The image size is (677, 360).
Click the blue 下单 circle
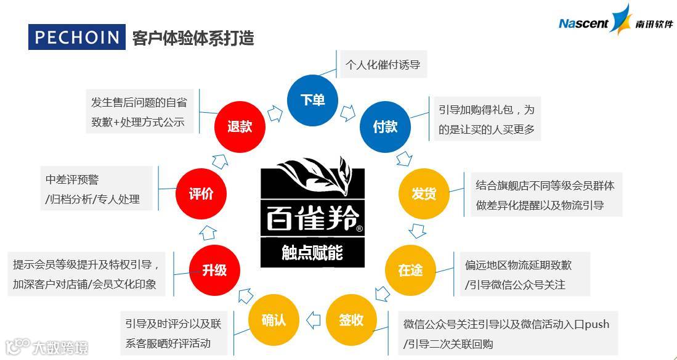[312, 100]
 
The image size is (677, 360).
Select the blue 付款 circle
[385, 127]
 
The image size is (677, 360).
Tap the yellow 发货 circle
[423, 194]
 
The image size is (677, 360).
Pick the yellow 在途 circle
[410, 270]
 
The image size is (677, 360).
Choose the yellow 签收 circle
[351, 320]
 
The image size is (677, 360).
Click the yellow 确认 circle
[274, 320]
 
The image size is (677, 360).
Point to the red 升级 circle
[214, 270]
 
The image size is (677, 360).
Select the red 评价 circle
[201, 194]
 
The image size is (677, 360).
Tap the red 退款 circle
[240, 127]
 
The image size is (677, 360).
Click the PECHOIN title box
[77, 38]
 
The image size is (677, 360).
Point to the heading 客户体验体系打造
[193, 38]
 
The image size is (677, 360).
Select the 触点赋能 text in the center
[312, 253]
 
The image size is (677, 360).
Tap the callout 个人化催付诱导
[383, 65]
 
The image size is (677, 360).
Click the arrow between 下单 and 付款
[349, 112]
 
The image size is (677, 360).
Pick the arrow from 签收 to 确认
[313, 320]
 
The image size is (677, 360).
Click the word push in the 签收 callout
[596, 324]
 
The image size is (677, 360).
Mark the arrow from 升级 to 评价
[208, 232]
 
